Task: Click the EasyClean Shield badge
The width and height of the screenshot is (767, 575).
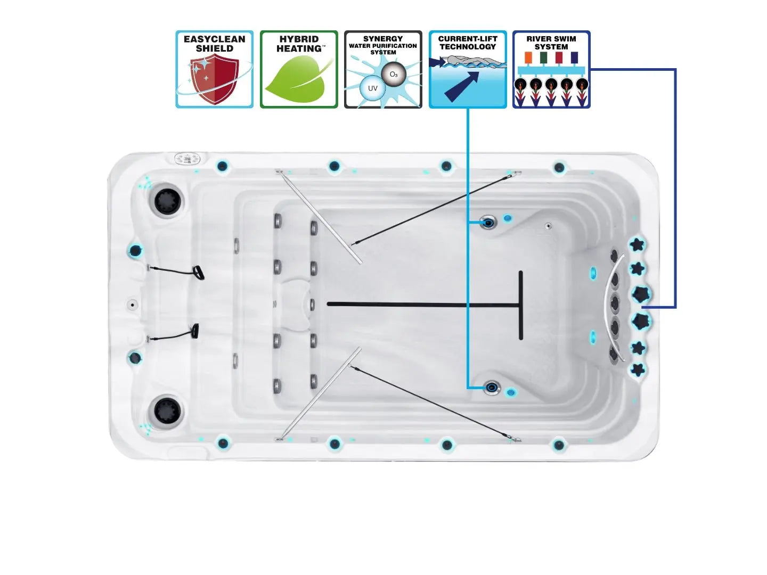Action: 214,69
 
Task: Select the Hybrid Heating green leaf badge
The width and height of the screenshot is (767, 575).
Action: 299,69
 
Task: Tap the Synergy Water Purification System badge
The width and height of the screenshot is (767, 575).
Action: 383,69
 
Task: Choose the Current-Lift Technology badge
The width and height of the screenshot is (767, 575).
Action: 468,69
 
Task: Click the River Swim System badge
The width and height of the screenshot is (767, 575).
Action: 551,69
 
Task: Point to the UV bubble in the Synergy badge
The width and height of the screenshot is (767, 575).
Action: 372,88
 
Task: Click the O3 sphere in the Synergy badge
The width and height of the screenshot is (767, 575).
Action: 394,75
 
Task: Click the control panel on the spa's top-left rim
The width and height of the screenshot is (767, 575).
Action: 187,159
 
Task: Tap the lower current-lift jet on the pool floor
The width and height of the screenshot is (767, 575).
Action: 492,387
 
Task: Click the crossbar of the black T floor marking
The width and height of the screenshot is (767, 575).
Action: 520,305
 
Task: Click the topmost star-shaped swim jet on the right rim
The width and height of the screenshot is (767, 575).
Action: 637,245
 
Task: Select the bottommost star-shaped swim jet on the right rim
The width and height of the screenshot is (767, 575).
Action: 638,369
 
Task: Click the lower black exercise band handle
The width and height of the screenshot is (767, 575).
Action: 195,331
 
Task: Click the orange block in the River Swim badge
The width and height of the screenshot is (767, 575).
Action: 528,57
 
